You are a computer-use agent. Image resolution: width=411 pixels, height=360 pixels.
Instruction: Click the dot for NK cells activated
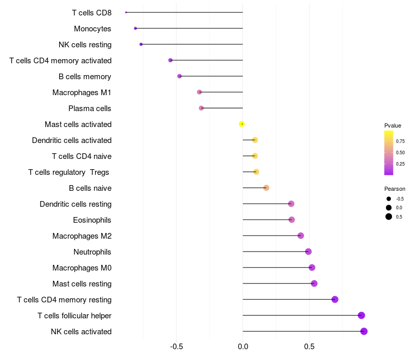coord(364,331)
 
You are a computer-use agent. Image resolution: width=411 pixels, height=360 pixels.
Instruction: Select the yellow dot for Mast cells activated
coord(241,124)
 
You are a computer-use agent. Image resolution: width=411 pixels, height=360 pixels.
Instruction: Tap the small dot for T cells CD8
coord(126,12)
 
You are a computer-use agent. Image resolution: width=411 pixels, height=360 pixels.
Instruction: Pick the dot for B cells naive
coord(266,188)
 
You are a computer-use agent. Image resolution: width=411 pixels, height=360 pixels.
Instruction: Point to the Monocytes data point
coord(135,28)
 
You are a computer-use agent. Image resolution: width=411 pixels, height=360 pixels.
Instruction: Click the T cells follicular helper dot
coord(361,315)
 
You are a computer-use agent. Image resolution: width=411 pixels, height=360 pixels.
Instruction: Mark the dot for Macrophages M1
coord(199,92)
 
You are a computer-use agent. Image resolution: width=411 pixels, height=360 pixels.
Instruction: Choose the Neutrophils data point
coord(308,251)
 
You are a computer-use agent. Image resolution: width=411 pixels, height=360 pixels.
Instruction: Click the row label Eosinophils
coord(92,220)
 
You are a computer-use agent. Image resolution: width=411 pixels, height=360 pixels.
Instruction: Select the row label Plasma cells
coord(90,109)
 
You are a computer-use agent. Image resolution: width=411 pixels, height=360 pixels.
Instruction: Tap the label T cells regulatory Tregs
coord(69,172)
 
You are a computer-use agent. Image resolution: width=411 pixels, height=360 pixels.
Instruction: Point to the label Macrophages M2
coord(82,236)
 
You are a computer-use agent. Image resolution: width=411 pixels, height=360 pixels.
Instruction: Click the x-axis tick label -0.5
coord(176,347)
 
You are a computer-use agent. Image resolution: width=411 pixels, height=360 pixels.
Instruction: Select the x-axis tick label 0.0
coord(242,347)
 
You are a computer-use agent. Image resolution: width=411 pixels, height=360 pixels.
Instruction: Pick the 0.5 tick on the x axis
coord(309,347)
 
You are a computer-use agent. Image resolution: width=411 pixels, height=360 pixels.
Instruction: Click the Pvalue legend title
coord(393,125)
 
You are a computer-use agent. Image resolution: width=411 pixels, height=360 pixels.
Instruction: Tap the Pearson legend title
coord(395,189)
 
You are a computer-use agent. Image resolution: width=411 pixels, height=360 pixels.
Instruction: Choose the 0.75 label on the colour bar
coord(400,141)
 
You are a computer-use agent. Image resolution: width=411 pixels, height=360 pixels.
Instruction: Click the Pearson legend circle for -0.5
coord(389,199)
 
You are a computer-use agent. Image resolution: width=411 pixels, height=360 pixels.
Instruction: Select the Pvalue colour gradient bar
coord(388,153)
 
